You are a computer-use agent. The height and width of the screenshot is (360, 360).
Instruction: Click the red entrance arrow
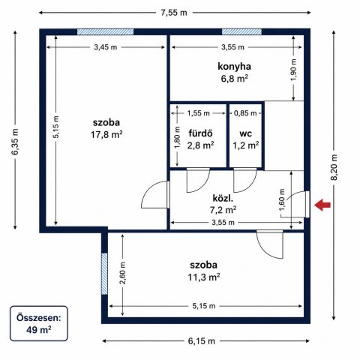tap(322, 205)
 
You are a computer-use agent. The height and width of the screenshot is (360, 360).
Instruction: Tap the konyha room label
tap(234, 67)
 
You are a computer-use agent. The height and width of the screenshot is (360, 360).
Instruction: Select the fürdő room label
tap(200, 133)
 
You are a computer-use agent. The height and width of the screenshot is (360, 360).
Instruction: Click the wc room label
tap(245, 133)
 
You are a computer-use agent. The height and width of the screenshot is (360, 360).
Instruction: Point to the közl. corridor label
tap(223, 198)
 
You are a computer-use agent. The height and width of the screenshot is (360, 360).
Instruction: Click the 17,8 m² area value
tap(106, 135)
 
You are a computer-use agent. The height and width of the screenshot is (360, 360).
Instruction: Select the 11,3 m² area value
tap(204, 277)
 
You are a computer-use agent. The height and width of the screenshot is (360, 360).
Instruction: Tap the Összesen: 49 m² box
tap(39, 323)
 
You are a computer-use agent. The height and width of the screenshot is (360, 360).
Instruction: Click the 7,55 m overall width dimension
tap(174, 13)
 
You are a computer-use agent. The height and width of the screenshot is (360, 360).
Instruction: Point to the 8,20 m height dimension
tap(334, 167)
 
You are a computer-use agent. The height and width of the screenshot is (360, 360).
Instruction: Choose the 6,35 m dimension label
tap(15, 142)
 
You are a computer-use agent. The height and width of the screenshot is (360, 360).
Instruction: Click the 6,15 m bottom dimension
tap(201, 341)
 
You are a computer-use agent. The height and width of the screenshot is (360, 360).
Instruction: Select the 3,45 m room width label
tap(106, 47)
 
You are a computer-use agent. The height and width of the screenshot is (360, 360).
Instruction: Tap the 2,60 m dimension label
tap(122, 273)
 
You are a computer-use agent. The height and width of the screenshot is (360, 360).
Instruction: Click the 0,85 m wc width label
tap(245, 113)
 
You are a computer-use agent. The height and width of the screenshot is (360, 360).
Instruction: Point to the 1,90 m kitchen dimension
tap(294, 69)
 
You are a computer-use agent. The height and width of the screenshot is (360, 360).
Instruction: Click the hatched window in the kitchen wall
tap(241, 31)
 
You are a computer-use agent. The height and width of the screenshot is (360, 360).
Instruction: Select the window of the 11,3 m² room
tap(104, 274)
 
